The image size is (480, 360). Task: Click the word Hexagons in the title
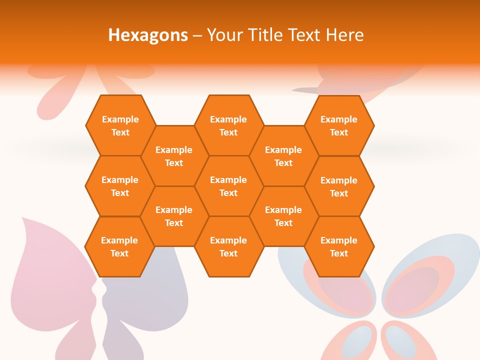(x=148, y=35)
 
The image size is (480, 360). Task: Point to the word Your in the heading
(x=224, y=35)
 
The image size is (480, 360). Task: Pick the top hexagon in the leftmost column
(x=120, y=125)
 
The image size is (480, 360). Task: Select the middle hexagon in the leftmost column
(x=120, y=186)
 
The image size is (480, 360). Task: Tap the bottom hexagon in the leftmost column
(x=119, y=246)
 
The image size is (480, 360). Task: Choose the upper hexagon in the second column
(x=174, y=156)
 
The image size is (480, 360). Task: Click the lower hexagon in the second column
(x=174, y=216)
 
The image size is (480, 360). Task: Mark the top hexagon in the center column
(x=228, y=125)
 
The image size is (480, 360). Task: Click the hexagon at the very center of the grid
(x=228, y=186)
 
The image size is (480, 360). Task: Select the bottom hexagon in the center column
(x=228, y=246)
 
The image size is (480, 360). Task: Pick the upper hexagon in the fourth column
(x=283, y=156)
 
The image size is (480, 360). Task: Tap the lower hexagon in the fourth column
(x=283, y=216)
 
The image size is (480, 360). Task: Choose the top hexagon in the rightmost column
(x=339, y=125)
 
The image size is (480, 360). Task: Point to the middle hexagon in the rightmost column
(x=339, y=186)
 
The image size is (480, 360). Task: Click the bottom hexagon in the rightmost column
(x=339, y=246)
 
